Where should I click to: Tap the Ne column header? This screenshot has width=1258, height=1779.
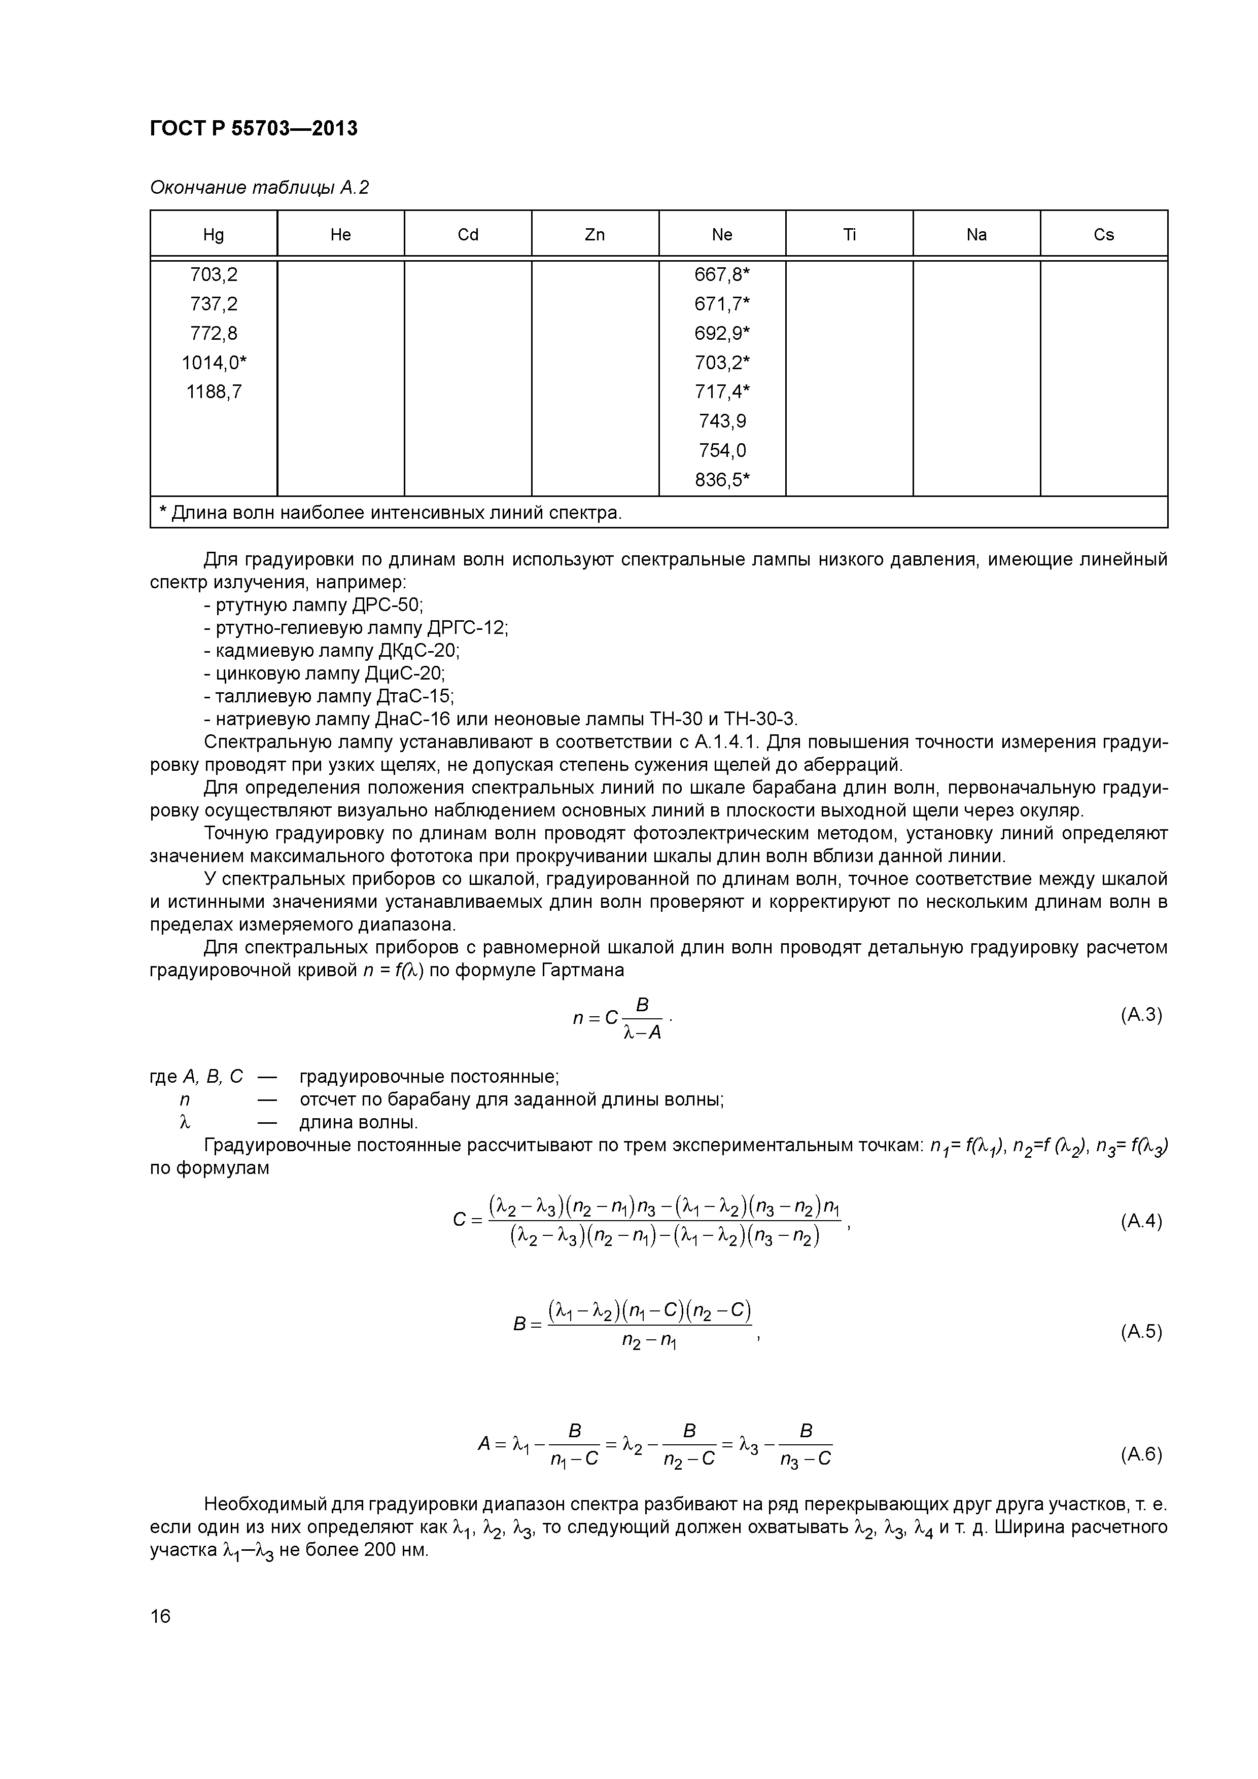[x=722, y=235]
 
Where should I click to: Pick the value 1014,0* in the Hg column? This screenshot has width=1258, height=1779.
[x=214, y=363]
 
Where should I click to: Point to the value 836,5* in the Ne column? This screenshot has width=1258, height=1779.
[x=722, y=480]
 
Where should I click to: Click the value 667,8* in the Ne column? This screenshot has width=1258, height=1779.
[x=722, y=274]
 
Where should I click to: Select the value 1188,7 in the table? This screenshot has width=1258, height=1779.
[x=214, y=392]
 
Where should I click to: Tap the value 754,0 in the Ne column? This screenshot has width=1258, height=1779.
[x=722, y=450]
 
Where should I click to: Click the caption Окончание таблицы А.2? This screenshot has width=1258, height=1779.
[x=259, y=188]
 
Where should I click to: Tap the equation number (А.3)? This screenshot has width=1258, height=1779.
[x=1141, y=1015]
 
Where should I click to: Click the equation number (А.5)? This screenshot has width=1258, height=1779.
[x=1141, y=1332]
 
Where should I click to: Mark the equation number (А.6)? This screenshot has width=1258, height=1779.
[x=1141, y=1454]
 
